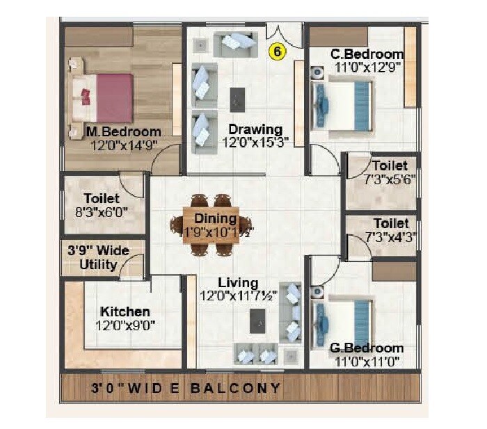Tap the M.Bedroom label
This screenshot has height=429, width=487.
(123, 131)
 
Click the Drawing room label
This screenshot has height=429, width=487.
(255, 129)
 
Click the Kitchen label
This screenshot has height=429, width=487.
(125, 311)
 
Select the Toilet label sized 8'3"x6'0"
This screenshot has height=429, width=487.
(102, 199)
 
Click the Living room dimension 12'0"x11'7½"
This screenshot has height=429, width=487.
(239, 296)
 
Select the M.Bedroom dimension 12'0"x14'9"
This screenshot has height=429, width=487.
(123, 144)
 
